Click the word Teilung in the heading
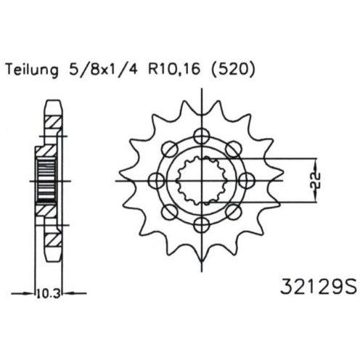point(32,70)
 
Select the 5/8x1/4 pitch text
point(103,70)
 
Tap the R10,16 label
point(174,70)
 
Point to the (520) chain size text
point(233,70)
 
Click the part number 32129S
point(318,287)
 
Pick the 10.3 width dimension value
point(49,294)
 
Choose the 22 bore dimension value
point(315,181)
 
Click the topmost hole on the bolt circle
point(201,136)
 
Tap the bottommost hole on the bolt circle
point(201,225)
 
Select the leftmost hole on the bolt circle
point(157,181)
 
